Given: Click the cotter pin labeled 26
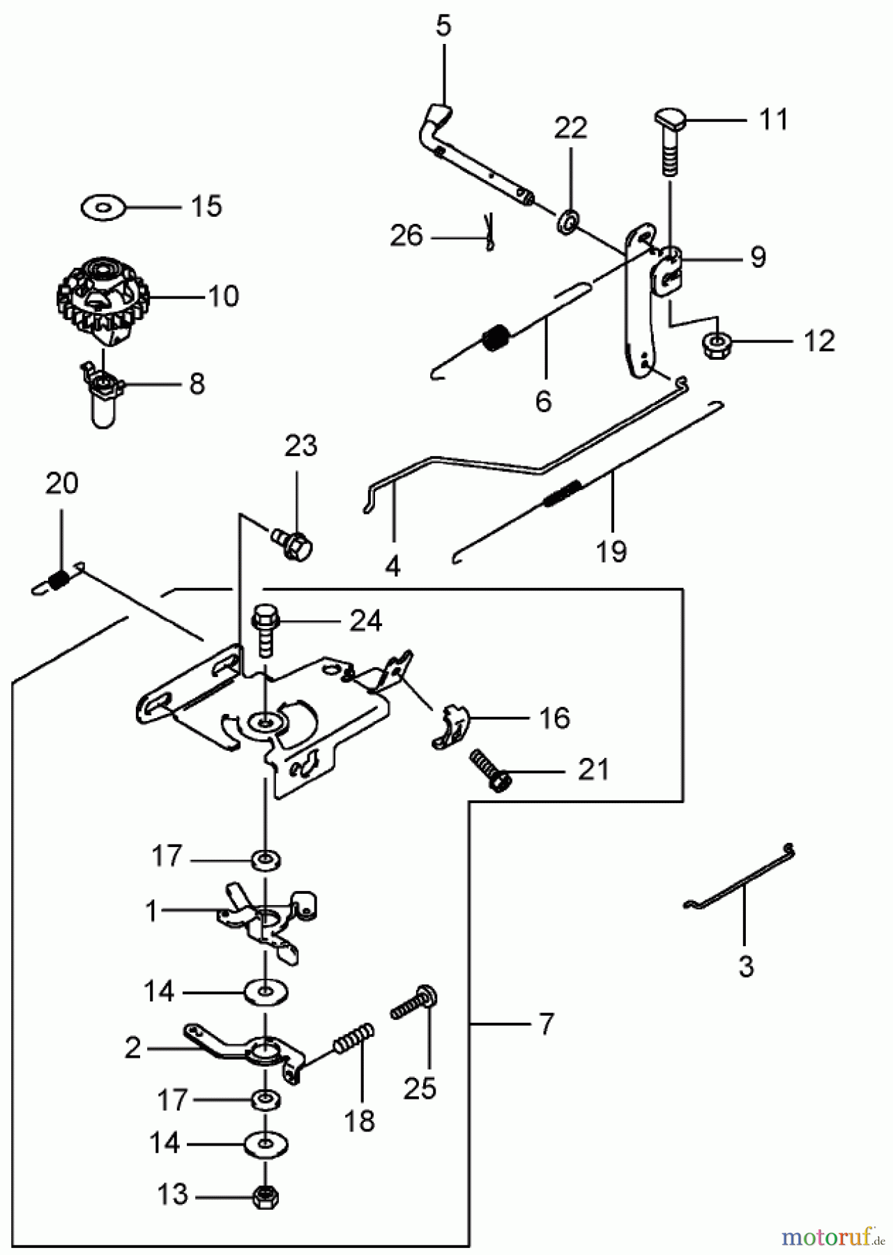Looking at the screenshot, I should click(x=489, y=233).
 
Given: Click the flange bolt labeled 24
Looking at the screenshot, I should click(x=265, y=630).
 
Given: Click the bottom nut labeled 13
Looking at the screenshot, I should click(x=265, y=1195).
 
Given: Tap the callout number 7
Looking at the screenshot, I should click(x=546, y=1024).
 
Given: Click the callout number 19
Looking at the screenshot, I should click(x=611, y=551).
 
